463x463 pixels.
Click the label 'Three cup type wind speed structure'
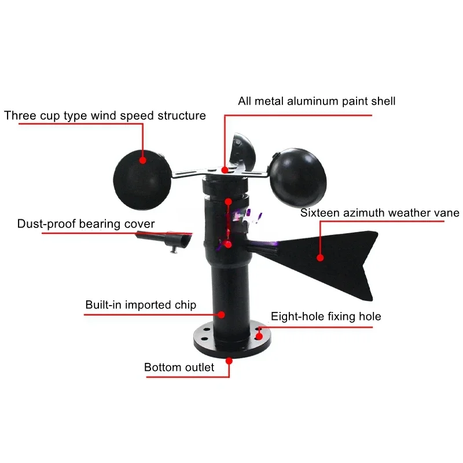click(105, 115)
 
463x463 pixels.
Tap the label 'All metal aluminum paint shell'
click(317, 101)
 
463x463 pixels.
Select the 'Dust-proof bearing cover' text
click(86, 223)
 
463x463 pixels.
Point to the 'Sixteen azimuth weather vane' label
click(380, 213)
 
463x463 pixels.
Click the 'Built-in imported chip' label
click(141, 304)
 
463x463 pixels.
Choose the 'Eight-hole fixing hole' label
click(326, 316)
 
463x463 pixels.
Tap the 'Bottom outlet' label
click(179, 367)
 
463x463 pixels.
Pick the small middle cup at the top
click(241, 149)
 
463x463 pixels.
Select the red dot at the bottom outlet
click(229, 360)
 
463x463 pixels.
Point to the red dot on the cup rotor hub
click(225, 170)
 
